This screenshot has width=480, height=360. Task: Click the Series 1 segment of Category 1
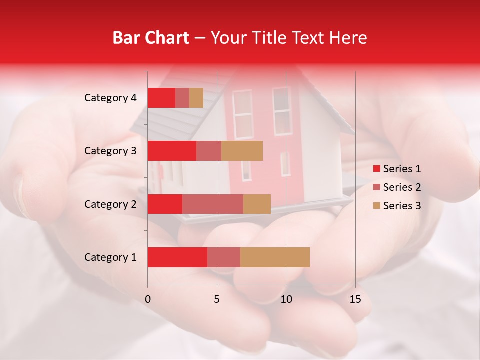tap(177, 257)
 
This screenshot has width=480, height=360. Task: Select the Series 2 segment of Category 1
tap(224, 257)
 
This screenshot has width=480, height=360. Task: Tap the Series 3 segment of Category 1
tap(275, 257)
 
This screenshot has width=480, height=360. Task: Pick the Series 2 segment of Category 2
tap(213, 204)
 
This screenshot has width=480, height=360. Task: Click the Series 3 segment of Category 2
tap(257, 204)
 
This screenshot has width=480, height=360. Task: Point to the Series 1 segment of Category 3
tap(172, 151)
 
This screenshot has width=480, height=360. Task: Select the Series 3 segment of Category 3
tap(242, 151)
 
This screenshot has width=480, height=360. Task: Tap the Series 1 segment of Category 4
tap(161, 98)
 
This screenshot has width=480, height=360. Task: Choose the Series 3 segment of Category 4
tap(196, 98)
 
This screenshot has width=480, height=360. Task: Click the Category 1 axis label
tap(110, 257)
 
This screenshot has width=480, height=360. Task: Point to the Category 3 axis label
tap(110, 151)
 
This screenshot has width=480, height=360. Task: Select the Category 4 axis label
tap(110, 98)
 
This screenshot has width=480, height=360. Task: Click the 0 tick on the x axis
tap(148, 299)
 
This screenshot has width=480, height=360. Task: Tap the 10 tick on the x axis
tap(286, 299)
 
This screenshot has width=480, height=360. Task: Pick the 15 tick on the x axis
tap(355, 299)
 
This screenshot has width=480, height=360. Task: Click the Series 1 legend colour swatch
tap(376, 169)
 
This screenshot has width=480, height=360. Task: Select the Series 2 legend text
tap(402, 187)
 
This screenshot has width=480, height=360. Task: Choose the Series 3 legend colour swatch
tap(376, 206)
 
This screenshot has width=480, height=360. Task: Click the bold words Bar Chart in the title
tap(151, 38)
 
